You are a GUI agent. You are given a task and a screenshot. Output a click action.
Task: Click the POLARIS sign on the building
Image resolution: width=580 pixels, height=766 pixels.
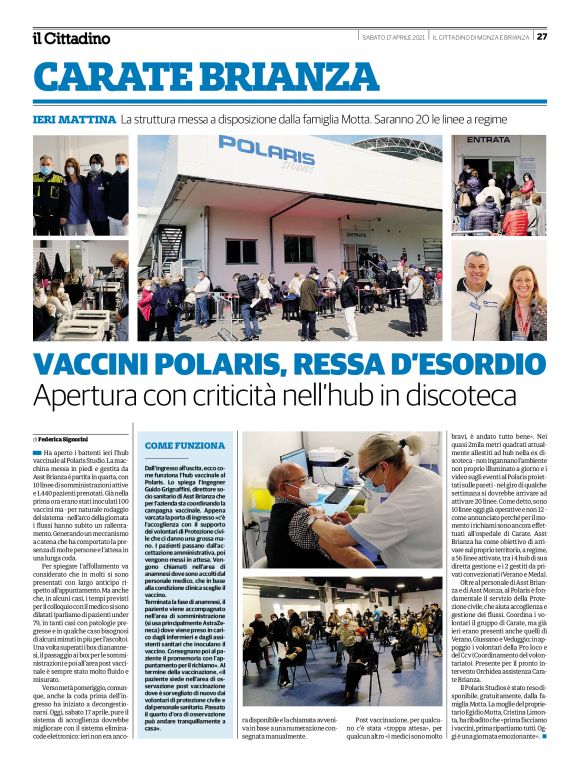coord(266,150)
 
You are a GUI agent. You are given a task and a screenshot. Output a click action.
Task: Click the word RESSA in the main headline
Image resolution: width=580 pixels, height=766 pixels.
coord(295,365)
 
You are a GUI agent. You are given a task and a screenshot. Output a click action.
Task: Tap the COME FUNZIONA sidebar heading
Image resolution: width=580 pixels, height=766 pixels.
coord(185,445)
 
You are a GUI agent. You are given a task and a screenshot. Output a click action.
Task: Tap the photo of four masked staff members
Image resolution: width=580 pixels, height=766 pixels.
coord(81,186)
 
